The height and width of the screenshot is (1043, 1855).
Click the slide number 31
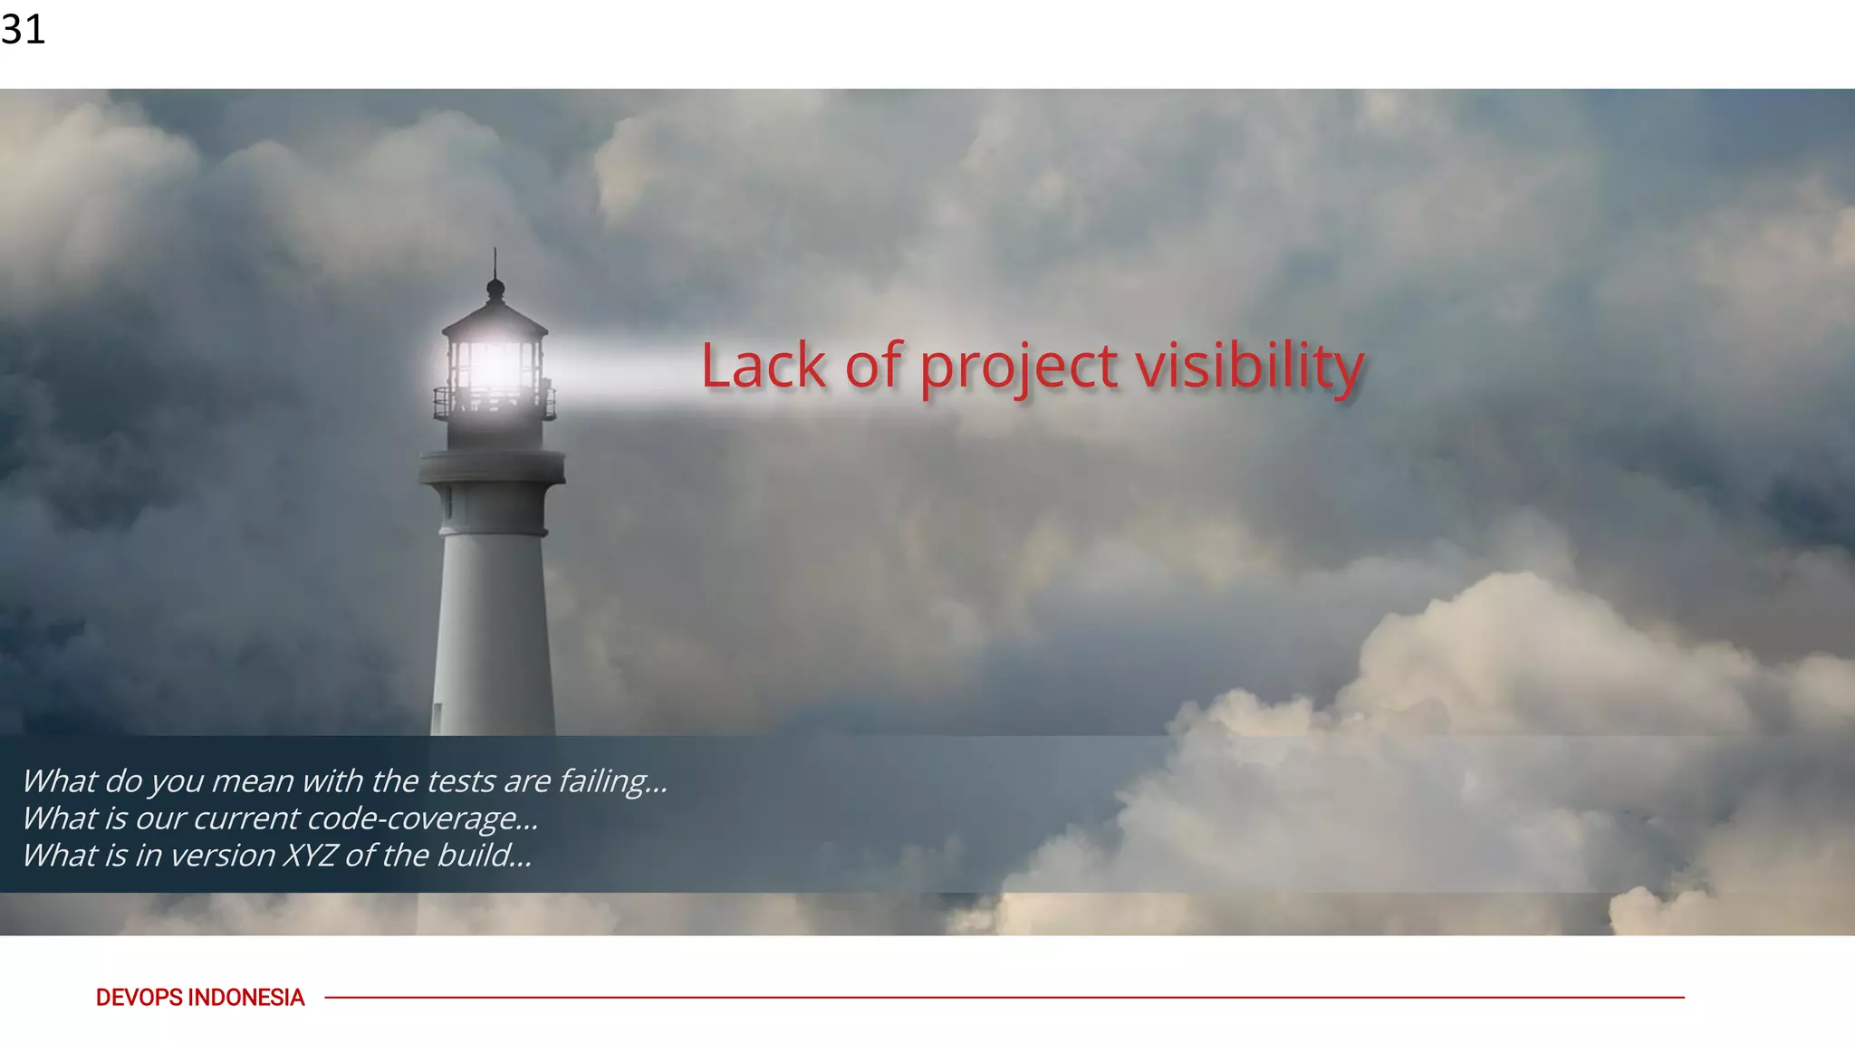point(23,30)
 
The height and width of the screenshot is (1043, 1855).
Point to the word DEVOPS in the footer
point(139,998)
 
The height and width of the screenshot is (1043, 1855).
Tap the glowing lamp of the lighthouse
point(495,367)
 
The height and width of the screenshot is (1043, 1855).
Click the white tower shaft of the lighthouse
point(494,625)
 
